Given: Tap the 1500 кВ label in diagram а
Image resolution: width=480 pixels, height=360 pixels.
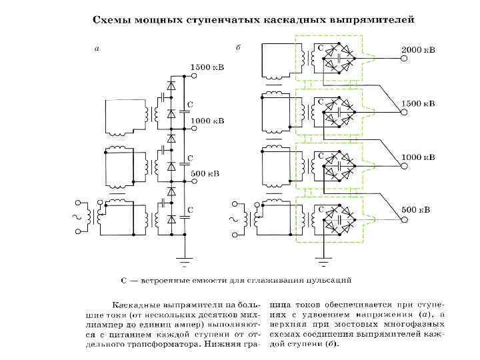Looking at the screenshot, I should click(208, 67).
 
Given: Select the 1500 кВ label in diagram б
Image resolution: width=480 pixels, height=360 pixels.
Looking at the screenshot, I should click(418, 104).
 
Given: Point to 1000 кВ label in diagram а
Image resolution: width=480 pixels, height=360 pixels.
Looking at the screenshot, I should click(208, 121).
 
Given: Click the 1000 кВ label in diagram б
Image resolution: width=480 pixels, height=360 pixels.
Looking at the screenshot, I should click(418, 157).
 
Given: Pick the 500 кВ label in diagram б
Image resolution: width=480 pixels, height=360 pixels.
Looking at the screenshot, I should click(415, 210).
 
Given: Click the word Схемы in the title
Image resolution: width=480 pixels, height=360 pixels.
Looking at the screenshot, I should click(111, 20).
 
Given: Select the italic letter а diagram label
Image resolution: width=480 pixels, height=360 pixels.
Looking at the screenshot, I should click(97, 48).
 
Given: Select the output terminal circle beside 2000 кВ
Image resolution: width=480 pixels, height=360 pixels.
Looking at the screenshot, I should click(404, 59).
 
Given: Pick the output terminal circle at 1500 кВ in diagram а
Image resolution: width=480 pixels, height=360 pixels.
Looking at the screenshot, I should click(193, 76).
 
